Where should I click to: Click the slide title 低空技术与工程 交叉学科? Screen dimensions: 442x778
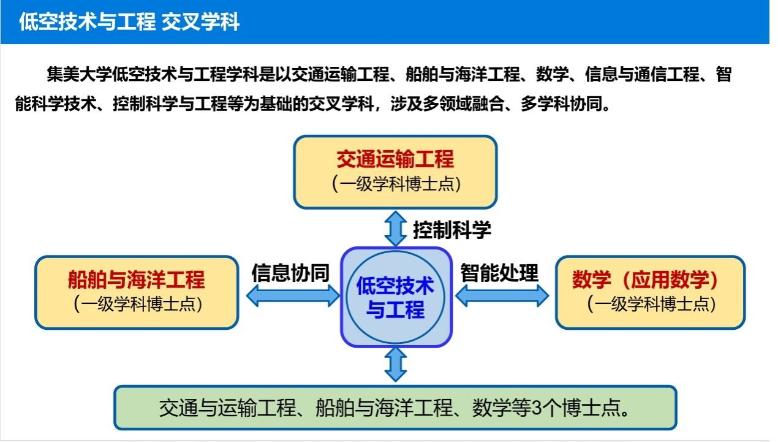pos(129,23)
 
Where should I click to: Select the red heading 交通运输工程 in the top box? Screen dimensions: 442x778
pos(395,159)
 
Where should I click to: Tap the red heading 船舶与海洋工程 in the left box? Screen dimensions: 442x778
pos(136,280)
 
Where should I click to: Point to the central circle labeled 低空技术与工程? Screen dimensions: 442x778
pos(396,297)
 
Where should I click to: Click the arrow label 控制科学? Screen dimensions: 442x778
pos(451,231)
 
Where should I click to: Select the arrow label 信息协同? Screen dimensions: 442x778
pos(290,273)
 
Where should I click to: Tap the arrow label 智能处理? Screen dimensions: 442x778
pos(499,272)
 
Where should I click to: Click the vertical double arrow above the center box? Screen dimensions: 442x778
pos(396,229)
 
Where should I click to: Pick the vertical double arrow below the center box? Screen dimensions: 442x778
pos(396,364)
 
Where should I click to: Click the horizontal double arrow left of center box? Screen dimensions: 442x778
pos(292,297)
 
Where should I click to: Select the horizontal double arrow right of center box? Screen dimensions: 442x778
pos(502,297)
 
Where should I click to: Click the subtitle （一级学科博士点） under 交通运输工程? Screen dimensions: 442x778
pos(396,183)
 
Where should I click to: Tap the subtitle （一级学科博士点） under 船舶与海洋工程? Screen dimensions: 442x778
pos(137,304)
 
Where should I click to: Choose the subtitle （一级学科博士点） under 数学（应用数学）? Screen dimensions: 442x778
pos(651,303)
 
